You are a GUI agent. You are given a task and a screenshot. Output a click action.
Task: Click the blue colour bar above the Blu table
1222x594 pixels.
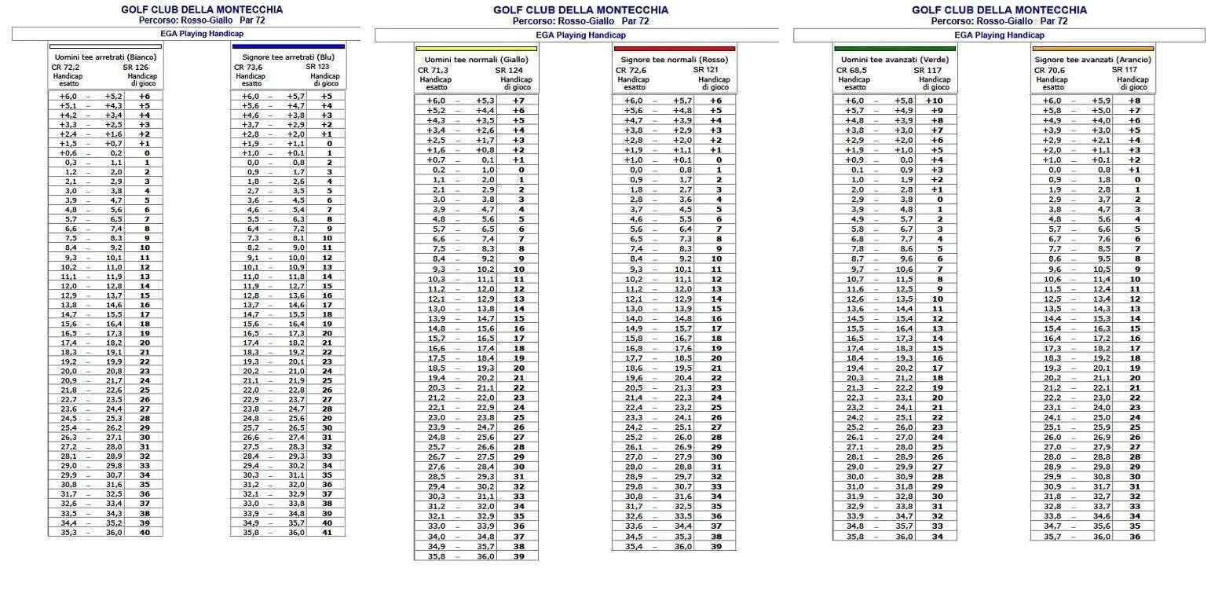(288, 46)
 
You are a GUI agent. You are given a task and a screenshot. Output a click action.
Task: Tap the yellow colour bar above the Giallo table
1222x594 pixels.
(476, 49)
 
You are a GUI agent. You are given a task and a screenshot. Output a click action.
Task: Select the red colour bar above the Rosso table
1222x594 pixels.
(674, 49)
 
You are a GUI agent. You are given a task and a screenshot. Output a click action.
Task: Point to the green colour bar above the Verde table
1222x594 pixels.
(895, 49)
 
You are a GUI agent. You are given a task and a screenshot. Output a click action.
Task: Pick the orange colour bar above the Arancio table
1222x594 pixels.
(1092, 49)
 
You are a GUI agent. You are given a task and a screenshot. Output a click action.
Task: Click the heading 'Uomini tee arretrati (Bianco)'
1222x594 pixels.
(105, 57)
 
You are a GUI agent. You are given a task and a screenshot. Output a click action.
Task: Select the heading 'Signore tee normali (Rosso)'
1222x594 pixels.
(674, 60)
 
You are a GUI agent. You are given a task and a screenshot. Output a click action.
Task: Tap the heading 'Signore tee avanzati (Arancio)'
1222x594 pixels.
(1092, 60)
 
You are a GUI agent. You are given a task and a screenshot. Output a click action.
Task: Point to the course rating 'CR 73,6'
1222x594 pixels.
(248, 68)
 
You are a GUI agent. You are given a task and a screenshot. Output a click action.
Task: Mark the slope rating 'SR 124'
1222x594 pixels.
(509, 70)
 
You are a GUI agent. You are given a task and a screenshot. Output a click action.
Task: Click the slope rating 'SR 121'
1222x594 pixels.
(707, 70)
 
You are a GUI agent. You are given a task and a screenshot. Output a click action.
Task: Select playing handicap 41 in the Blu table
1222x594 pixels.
(327, 532)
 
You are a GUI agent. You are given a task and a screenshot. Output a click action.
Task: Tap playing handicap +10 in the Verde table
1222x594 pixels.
(934, 101)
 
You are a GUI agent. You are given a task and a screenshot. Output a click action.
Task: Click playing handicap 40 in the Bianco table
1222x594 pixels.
(145, 532)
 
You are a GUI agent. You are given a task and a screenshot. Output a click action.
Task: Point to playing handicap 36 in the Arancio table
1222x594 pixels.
(1134, 536)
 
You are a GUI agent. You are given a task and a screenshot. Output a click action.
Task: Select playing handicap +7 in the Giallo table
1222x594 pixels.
(518, 101)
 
